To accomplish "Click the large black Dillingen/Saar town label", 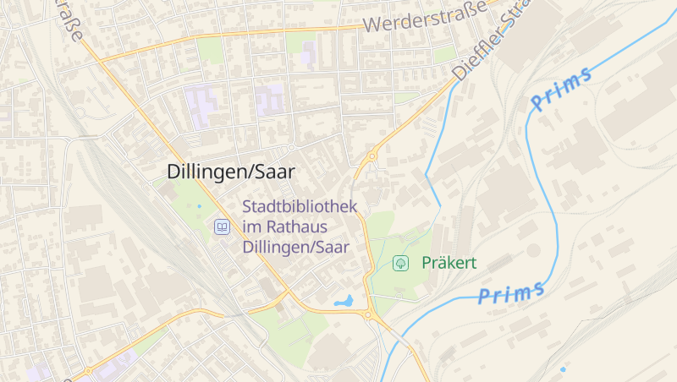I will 230,172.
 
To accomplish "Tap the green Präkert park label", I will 449,263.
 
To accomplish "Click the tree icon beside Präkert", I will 401,263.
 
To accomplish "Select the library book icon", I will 222,226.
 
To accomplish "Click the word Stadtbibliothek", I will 300,206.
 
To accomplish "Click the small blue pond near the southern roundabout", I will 344,300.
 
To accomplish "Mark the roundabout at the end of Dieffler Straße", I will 372,156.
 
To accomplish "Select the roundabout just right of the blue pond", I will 367,314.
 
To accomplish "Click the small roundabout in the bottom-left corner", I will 88,370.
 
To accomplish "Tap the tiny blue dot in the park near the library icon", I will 200,206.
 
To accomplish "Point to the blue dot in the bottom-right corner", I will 563,368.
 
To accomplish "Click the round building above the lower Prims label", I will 533,250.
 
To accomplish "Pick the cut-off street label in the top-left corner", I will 72,21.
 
